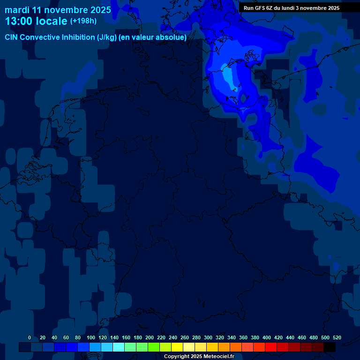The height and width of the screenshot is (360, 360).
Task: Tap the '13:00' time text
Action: [19, 21]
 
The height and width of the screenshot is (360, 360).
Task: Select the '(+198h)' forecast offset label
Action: [83, 21]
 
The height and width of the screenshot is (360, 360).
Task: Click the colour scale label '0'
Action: [30, 337]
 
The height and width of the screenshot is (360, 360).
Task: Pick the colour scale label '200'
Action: [150, 337]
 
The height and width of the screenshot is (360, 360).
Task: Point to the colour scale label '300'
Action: [208, 337]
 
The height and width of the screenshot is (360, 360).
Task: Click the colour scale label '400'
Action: [267, 337]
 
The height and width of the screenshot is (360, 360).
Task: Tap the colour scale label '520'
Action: [337, 337]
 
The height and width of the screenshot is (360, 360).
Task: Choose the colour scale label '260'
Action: [185, 337]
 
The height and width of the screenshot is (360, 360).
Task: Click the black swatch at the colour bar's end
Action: [330, 347]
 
